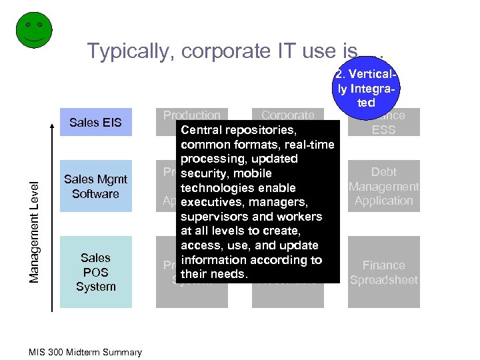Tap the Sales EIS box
[95, 122]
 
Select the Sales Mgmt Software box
[95, 186]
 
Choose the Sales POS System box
[95, 272]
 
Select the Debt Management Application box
[384, 186]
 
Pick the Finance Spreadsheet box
[384, 272]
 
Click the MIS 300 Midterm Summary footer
[85, 352]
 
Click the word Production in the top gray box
[192, 115]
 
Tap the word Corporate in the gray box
[287, 115]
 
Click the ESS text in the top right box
[384, 129]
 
